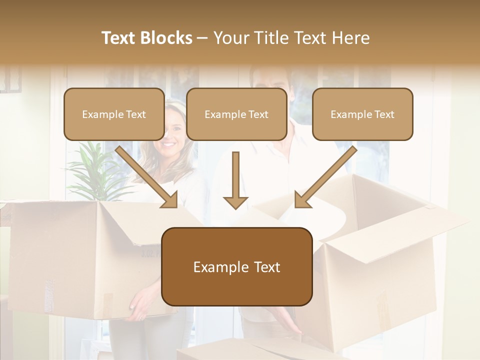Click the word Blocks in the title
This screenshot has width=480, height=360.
click(x=167, y=38)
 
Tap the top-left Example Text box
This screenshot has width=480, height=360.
click(x=114, y=114)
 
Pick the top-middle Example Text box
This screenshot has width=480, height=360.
click(x=236, y=114)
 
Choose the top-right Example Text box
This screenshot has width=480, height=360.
click(x=362, y=114)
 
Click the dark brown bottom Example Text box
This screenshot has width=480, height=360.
click(x=237, y=266)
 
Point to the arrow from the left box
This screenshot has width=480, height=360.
click(x=147, y=177)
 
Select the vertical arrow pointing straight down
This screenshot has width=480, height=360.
click(x=235, y=180)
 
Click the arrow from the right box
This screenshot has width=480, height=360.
click(x=325, y=177)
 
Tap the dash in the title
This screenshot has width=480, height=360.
click(x=202, y=38)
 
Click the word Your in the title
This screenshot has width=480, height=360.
click(x=231, y=38)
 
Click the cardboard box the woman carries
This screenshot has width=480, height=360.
click(x=75, y=255)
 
